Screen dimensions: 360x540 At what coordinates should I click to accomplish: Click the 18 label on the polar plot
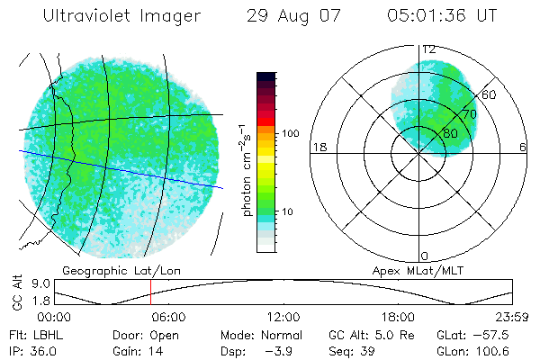tap(318, 147)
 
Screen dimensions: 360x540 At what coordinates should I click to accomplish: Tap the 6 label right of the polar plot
tap(523, 147)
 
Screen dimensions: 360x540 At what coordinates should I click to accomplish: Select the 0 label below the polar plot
tap(425, 256)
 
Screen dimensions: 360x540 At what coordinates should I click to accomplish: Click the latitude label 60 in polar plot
tap(490, 94)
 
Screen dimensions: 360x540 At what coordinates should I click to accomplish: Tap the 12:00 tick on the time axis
tap(283, 317)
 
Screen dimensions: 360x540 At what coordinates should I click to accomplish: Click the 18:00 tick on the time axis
tap(398, 317)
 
